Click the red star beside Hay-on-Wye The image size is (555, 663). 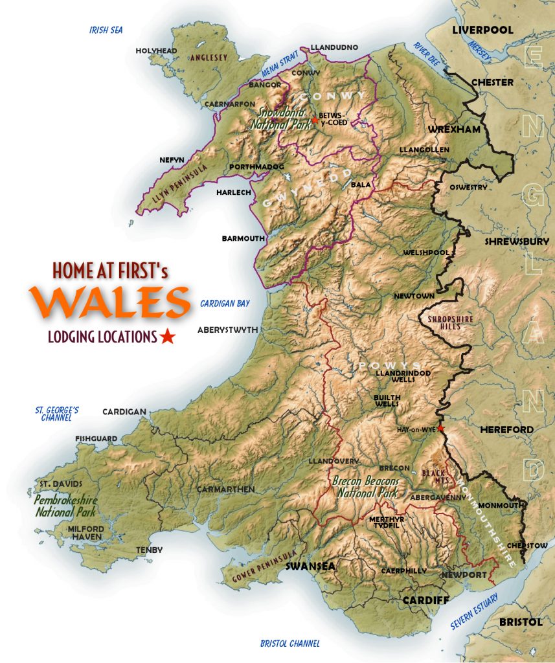[441, 428]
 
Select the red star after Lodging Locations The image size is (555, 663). [168, 336]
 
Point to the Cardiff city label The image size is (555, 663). [425, 600]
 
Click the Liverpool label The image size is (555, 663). [482, 30]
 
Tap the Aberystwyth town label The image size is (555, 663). [227, 329]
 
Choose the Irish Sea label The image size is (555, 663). [106, 30]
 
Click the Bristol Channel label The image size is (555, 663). [289, 644]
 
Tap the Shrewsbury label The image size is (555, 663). [517, 242]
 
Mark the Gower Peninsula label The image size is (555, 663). [258, 568]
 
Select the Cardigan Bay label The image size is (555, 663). [225, 303]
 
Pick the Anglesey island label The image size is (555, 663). [206, 58]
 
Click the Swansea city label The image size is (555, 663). [310, 566]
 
